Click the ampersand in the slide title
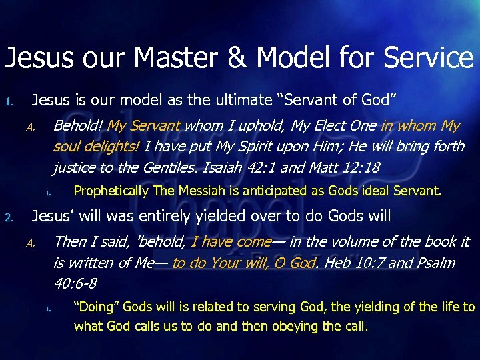coord(237,58)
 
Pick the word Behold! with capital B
coord(78,126)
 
